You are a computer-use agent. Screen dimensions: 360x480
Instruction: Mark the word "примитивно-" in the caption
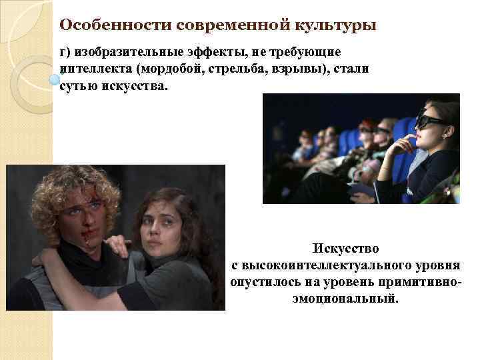tap(421, 282)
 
